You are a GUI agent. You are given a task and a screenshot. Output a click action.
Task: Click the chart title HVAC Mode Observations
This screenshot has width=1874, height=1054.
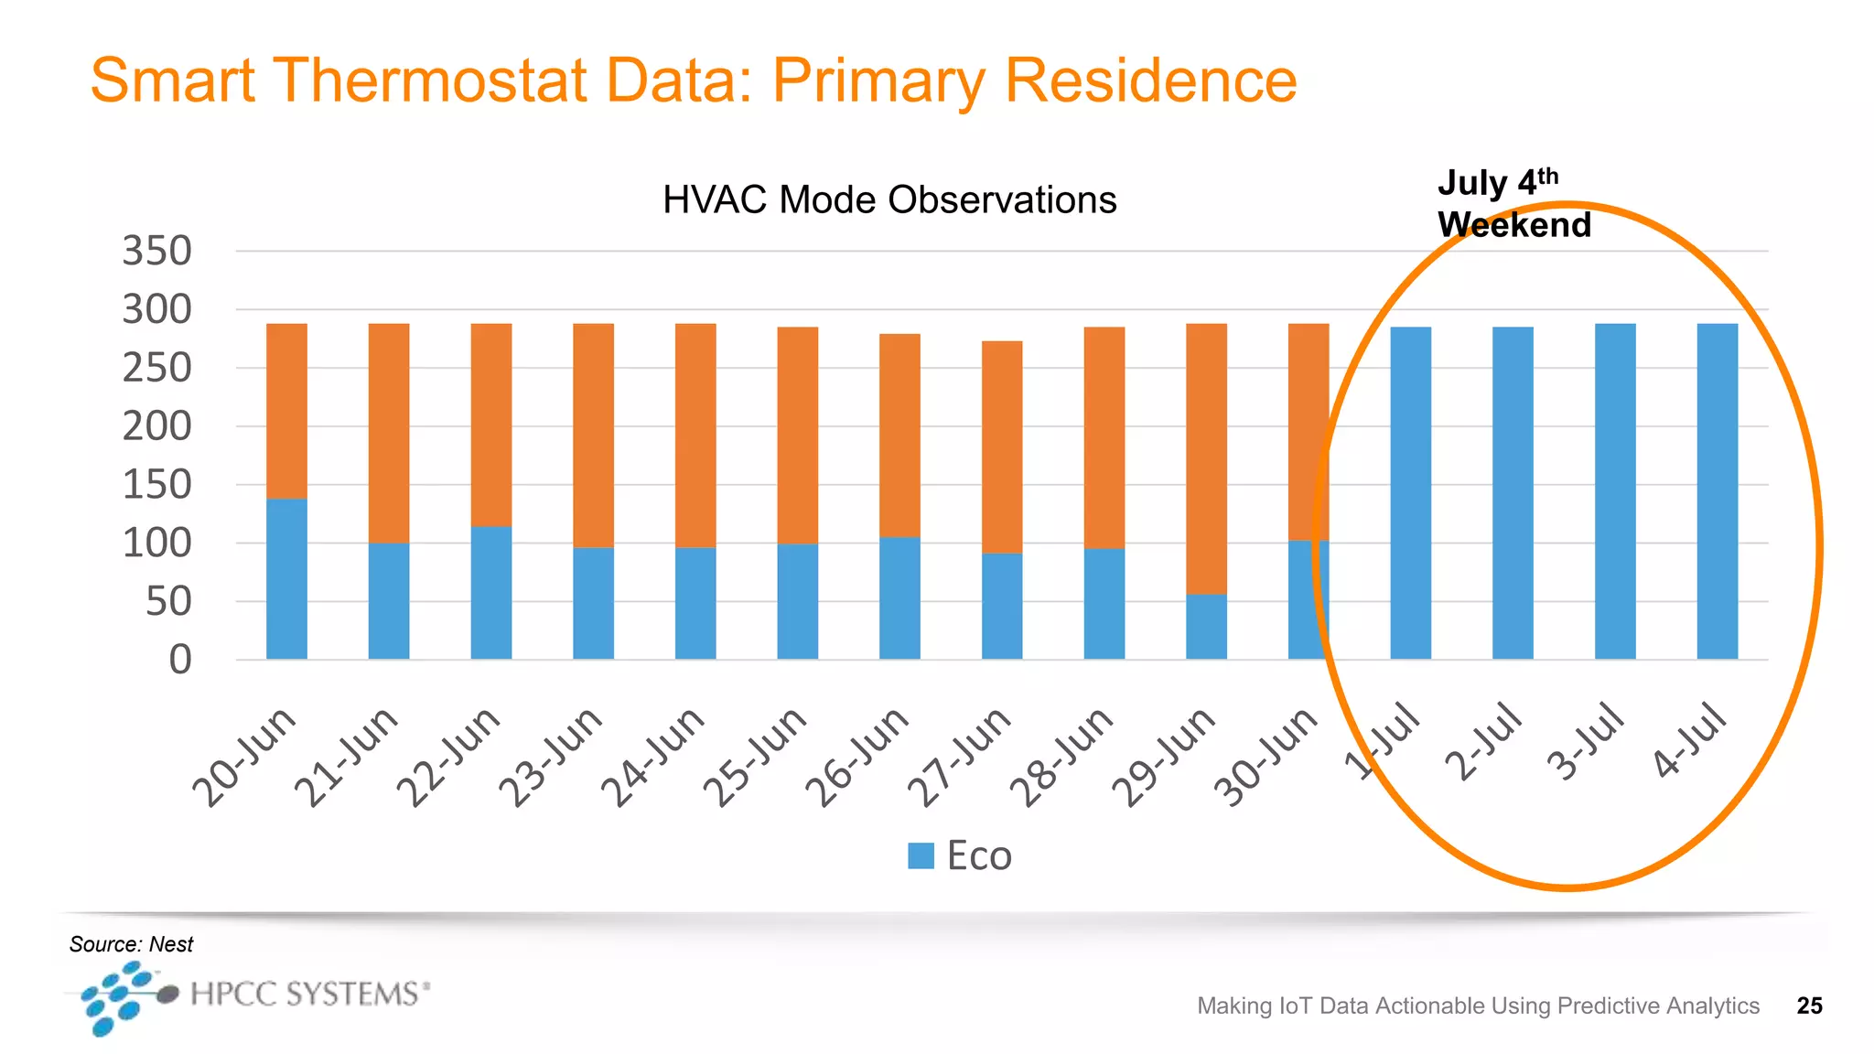[889, 200]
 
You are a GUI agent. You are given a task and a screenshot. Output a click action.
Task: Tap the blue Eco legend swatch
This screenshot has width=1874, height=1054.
[921, 856]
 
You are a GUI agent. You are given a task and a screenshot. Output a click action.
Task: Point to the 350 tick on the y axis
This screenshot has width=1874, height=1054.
[157, 252]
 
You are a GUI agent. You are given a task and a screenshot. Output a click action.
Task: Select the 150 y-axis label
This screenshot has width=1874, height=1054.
[157, 485]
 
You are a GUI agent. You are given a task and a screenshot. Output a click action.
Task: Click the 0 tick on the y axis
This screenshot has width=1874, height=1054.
[180, 660]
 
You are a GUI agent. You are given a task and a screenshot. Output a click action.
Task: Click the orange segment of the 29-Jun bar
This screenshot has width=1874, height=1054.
[1206, 457]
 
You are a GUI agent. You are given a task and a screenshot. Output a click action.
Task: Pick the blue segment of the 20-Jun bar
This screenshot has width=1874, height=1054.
[286, 578]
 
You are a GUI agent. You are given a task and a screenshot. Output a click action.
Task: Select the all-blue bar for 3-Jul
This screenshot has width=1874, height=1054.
[1615, 491]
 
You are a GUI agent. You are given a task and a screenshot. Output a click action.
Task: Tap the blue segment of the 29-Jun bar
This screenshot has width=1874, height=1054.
[1206, 628]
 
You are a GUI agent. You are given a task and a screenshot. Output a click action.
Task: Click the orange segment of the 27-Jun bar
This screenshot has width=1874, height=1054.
[1002, 446]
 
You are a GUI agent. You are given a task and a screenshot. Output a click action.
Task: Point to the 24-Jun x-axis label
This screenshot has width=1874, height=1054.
[653, 756]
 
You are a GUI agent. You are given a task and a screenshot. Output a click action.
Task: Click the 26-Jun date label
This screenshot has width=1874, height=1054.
[857, 756]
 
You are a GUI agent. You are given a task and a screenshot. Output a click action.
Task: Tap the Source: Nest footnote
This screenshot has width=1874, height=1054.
[131, 944]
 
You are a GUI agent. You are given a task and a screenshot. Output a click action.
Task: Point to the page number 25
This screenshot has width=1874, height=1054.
[1809, 1006]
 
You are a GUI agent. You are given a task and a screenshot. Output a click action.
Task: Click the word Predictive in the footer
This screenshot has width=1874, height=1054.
[1608, 1006]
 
